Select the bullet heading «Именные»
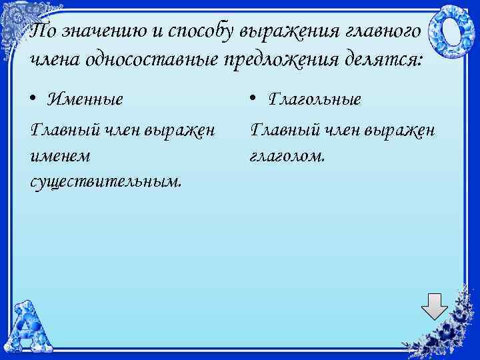pyautogui.click(x=85, y=100)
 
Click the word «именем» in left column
pyautogui.click(x=61, y=156)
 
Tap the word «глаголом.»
pyautogui.click(x=288, y=156)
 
